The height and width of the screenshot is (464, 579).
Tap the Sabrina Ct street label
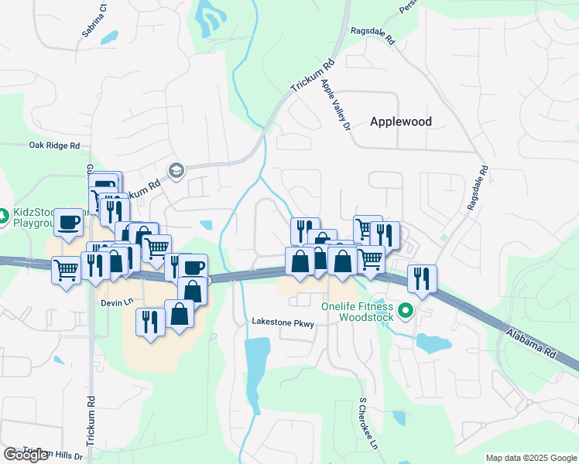[97, 24]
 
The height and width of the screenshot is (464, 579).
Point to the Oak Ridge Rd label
[54, 145]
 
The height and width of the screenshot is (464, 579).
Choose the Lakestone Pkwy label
[283, 323]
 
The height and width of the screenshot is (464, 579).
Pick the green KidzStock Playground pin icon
[3, 214]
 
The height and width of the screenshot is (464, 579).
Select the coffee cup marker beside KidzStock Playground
[69, 222]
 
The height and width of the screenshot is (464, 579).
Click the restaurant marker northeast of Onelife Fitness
[422, 278]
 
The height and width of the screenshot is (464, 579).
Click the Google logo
[26, 455]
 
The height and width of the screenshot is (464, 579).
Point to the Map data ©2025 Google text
[531, 458]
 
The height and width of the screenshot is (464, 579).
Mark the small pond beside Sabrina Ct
[109, 36]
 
